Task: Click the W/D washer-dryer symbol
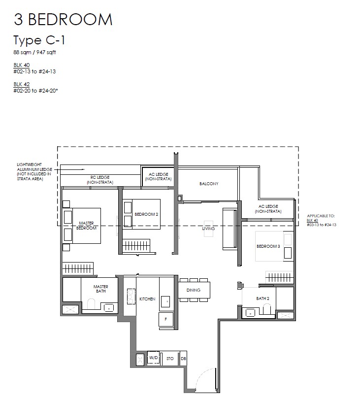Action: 154,358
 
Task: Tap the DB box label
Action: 183,359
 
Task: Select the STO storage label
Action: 170,359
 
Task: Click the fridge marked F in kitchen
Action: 166,319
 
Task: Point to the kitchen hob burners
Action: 131,297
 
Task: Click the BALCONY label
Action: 209,184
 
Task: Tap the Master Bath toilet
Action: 91,304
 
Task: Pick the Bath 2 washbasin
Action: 250,313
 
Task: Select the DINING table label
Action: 194,290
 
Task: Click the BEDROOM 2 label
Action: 146,214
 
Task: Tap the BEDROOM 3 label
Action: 268,246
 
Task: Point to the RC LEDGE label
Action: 100,177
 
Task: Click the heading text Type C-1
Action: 39,40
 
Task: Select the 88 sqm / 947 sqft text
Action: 34,52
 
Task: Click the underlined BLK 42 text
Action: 22,84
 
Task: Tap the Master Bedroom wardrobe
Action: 78,268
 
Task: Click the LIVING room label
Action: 208,229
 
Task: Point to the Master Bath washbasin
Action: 109,308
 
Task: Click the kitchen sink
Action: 165,301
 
